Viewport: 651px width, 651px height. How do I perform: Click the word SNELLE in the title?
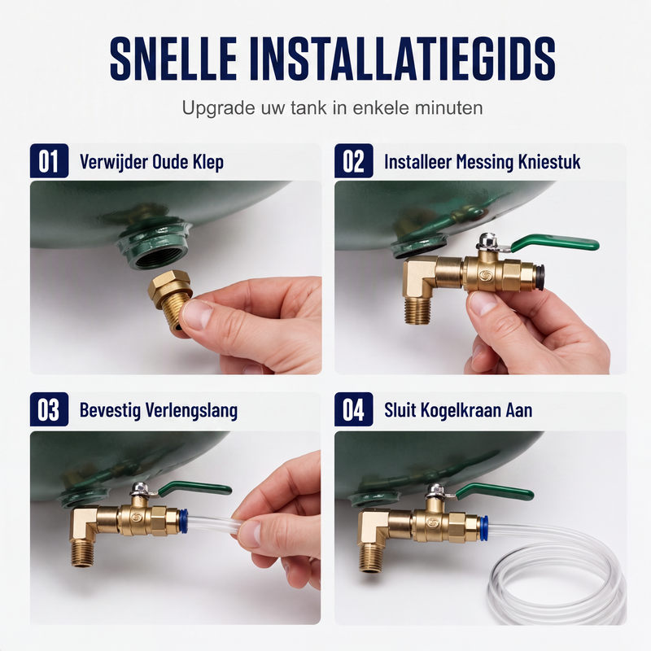point(173,59)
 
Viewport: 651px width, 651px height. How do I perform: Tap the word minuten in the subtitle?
point(449,108)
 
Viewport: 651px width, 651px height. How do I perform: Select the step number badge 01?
point(49,160)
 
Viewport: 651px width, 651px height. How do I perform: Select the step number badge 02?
point(354,160)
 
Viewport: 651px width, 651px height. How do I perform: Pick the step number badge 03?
point(49,409)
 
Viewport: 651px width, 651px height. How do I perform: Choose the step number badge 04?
point(354,409)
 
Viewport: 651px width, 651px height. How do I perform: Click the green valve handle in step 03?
point(195,488)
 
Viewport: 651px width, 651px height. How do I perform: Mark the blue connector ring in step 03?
point(184,521)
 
